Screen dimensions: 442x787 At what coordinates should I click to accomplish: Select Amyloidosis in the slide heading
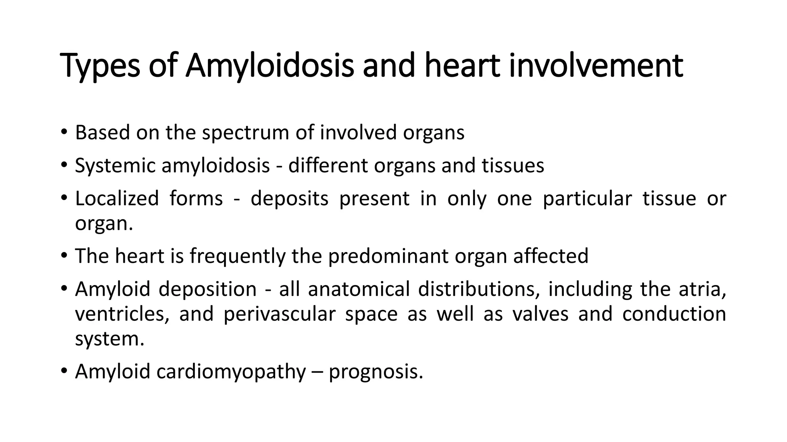click(x=269, y=66)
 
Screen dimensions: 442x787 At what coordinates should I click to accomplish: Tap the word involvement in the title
click(x=596, y=66)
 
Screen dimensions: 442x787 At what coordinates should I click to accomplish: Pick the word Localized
click(x=117, y=199)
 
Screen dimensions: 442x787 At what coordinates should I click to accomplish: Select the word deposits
click(x=289, y=199)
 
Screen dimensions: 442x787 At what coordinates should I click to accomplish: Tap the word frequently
click(x=237, y=256)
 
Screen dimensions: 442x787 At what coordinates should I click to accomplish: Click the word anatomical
click(x=359, y=289)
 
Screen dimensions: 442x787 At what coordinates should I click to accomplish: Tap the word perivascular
click(x=279, y=314)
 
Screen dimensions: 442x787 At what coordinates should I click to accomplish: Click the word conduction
click(x=674, y=314)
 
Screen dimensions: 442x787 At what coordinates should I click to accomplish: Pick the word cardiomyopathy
click(x=231, y=371)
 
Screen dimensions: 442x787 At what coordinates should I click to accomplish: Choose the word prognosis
click(x=375, y=371)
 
